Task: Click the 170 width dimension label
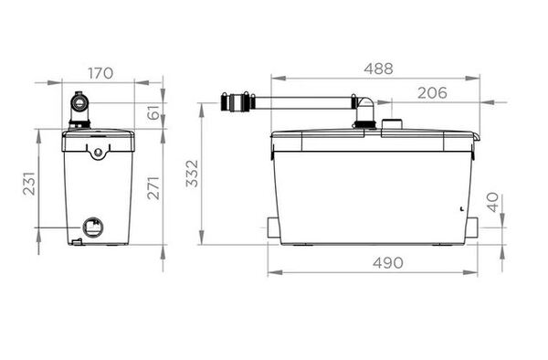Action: (100, 73)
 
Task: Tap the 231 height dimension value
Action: (29, 183)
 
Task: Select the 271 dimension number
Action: (153, 188)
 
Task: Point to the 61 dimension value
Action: (153, 112)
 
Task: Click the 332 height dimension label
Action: (192, 174)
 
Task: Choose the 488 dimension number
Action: (378, 69)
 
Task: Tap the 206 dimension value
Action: (432, 93)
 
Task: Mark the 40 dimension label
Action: (493, 203)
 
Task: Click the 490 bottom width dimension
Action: (387, 263)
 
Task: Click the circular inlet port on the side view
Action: (93, 227)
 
